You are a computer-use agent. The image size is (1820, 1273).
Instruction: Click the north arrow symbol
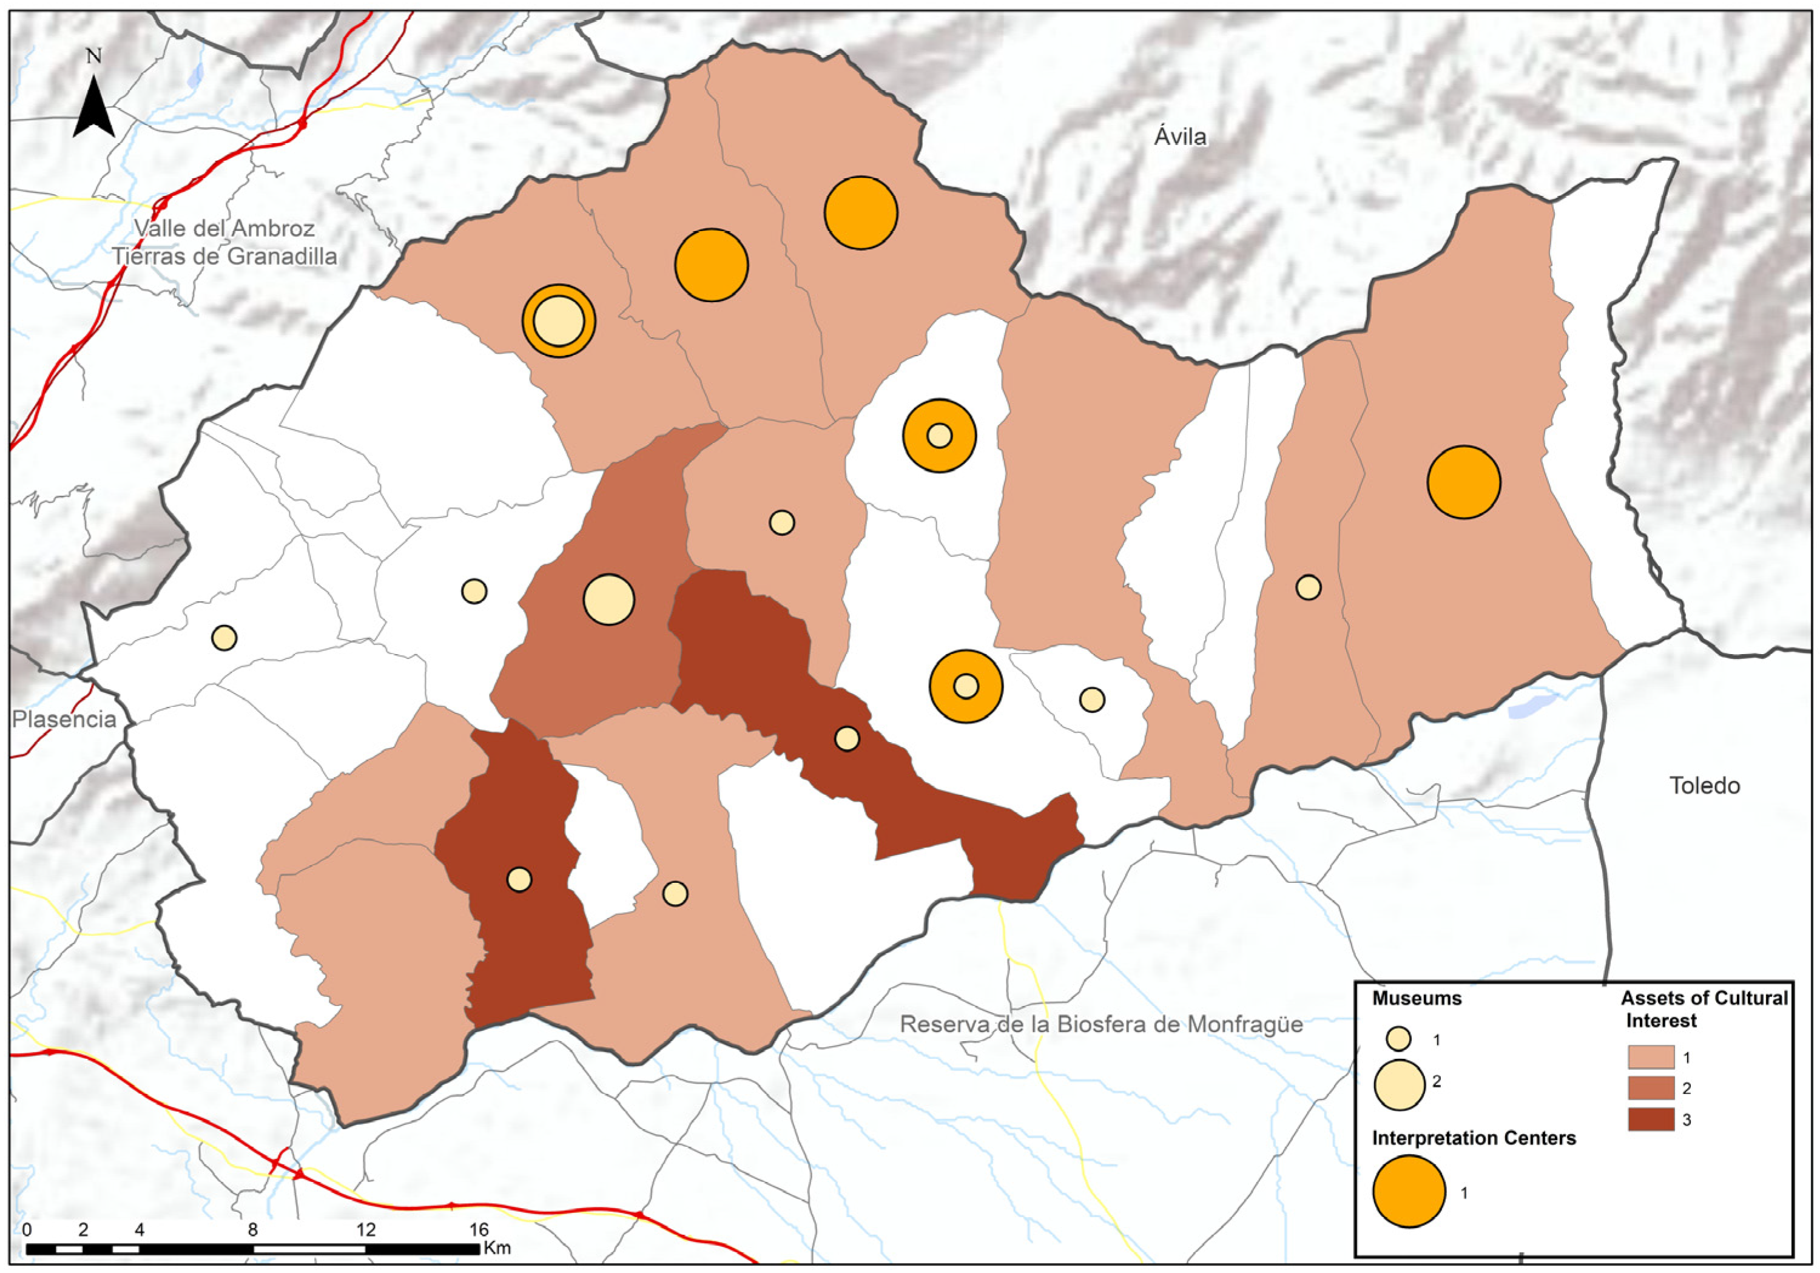(x=94, y=106)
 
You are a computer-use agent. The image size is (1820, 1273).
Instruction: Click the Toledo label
(x=1704, y=786)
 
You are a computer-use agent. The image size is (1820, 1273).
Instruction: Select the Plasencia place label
(x=64, y=719)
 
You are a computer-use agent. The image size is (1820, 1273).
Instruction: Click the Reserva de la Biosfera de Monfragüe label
(x=1101, y=1024)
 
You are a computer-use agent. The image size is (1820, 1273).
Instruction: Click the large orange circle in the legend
(x=1409, y=1191)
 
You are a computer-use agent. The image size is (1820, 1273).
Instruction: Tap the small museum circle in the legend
(x=1399, y=1038)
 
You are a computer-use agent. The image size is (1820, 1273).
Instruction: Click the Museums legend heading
(x=1417, y=998)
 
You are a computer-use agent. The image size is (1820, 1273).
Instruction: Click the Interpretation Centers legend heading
(x=1473, y=1138)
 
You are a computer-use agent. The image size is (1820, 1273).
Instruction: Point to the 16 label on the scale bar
(x=478, y=1229)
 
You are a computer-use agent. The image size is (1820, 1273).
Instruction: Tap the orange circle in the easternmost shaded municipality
(x=1463, y=482)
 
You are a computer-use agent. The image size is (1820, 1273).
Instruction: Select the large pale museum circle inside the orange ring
(x=559, y=321)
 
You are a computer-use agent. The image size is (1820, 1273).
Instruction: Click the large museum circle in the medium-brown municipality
(x=608, y=600)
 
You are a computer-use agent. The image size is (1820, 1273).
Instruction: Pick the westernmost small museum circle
(x=224, y=637)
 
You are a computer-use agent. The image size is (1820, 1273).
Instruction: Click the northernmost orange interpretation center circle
(x=860, y=212)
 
